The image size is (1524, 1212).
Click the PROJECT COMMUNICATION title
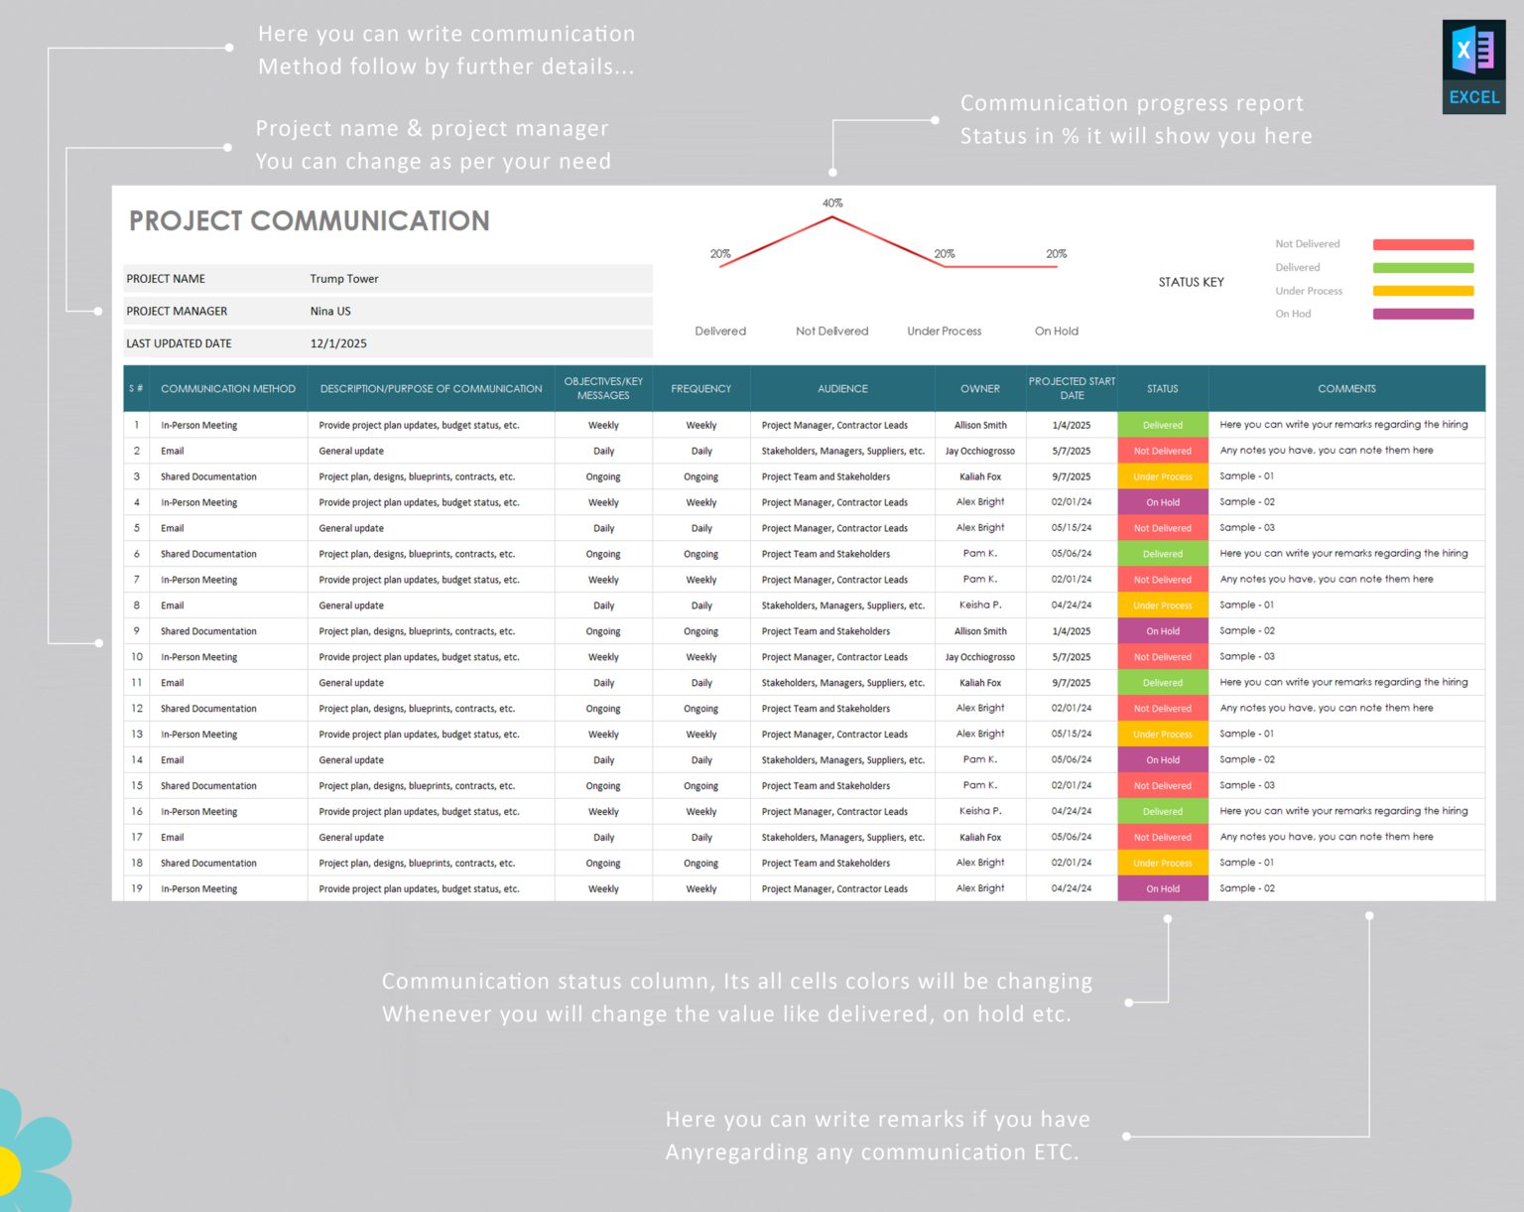pyautogui.click(x=309, y=220)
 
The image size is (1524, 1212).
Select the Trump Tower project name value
pyautogui.click(x=343, y=279)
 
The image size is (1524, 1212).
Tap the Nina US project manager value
pyautogui.click(x=329, y=312)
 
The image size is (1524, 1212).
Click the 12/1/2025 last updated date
pyautogui.click(x=337, y=343)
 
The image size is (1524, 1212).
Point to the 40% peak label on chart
pyautogui.click(x=831, y=203)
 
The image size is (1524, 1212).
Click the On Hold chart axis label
pyautogui.click(x=1056, y=332)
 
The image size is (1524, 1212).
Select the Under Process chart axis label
pyautogui.click(x=944, y=332)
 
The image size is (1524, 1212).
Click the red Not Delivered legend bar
pyautogui.click(x=1423, y=244)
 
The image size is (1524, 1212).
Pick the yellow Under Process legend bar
pyautogui.click(x=1423, y=291)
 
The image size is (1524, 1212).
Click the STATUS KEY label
pyautogui.click(x=1191, y=283)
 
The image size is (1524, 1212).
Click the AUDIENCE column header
pyautogui.click(x=842, y=389)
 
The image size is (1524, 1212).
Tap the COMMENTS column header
pyautogui.click(x=1346, y=389)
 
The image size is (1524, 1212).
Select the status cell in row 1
pyautogui.click(x=1162, y=425)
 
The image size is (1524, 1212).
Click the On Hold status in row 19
pyautogui.click(x=1162, y=889)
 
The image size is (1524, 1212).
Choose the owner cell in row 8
pyautogui.click(x=979, y=606)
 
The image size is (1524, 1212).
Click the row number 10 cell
pyautogui.click(x=137, y=657)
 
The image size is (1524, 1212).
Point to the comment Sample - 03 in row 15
pyautogui.click(x=1247, y=785)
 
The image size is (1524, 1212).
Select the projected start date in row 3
pyautogui.click(x=1071, y=476)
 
